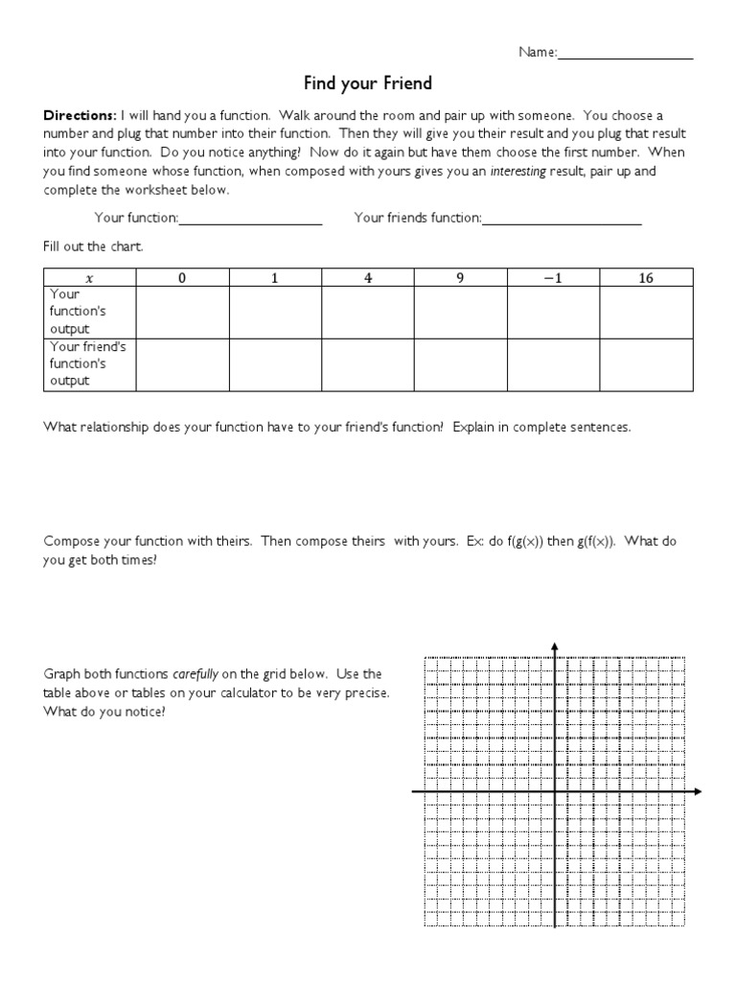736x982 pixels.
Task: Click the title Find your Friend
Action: pyautogui.click(x=368, y=83)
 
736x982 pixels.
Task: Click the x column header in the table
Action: pyautogui.click(x=90, y=278)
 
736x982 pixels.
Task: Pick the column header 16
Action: pyautogui.click(x=645, y=278)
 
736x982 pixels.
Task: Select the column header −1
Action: pyautogui.click(x=552, y=278)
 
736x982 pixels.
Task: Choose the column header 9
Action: pyautogui.click(x=460, y=278)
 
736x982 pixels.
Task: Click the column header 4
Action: pyautogui.click(x=367, y=278)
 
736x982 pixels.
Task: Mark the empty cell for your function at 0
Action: pyautogui.click(x=182, y=312)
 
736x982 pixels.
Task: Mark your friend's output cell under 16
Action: pyautogui.click(x=645, y=364)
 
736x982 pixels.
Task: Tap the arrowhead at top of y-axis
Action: pyautogui.click(x=555, y=645)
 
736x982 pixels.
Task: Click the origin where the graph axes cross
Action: pyautogui.click(x=555, y=792)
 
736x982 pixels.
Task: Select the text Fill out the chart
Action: pyautogui.click(x=92, y=246)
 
